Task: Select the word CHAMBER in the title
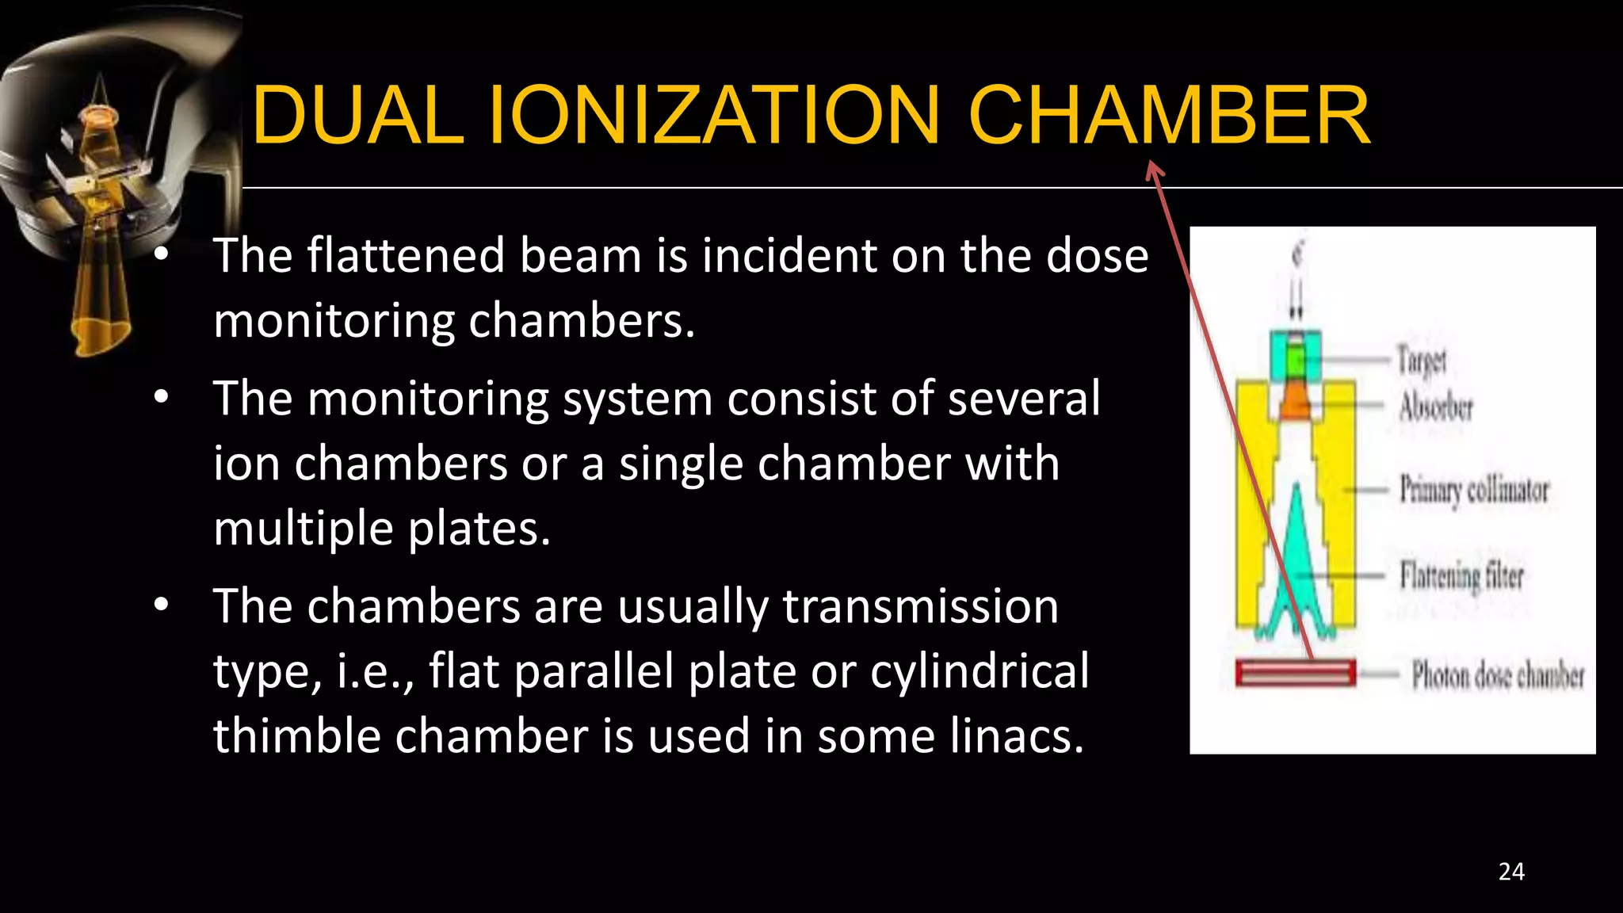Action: coord(1169,116)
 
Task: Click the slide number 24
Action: coord(1511,872)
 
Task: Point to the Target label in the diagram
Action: coord(1422,361)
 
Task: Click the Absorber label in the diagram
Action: coord(1436,407)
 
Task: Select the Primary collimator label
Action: coord(1474,490)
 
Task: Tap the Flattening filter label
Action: coord(1461,575)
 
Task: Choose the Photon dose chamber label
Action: coord(1498,676)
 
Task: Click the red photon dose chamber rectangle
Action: coord(1295,674)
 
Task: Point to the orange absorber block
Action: coord(1296,401)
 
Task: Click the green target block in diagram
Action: coord(1296,361)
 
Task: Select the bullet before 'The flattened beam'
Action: coord(162,255)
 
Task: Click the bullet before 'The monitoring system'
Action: coord(162,398)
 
